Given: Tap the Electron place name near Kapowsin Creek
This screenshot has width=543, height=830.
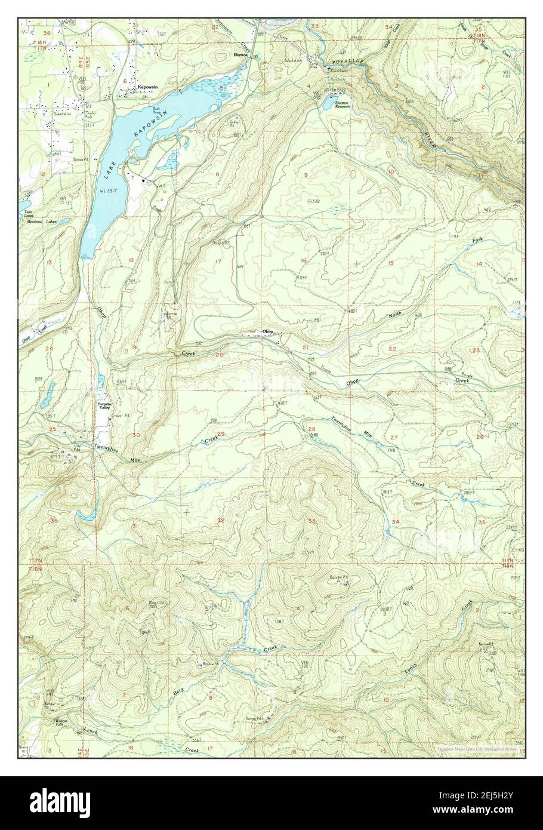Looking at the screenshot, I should point(241,54).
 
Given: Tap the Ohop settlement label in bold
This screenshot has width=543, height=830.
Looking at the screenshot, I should point(268,331).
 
